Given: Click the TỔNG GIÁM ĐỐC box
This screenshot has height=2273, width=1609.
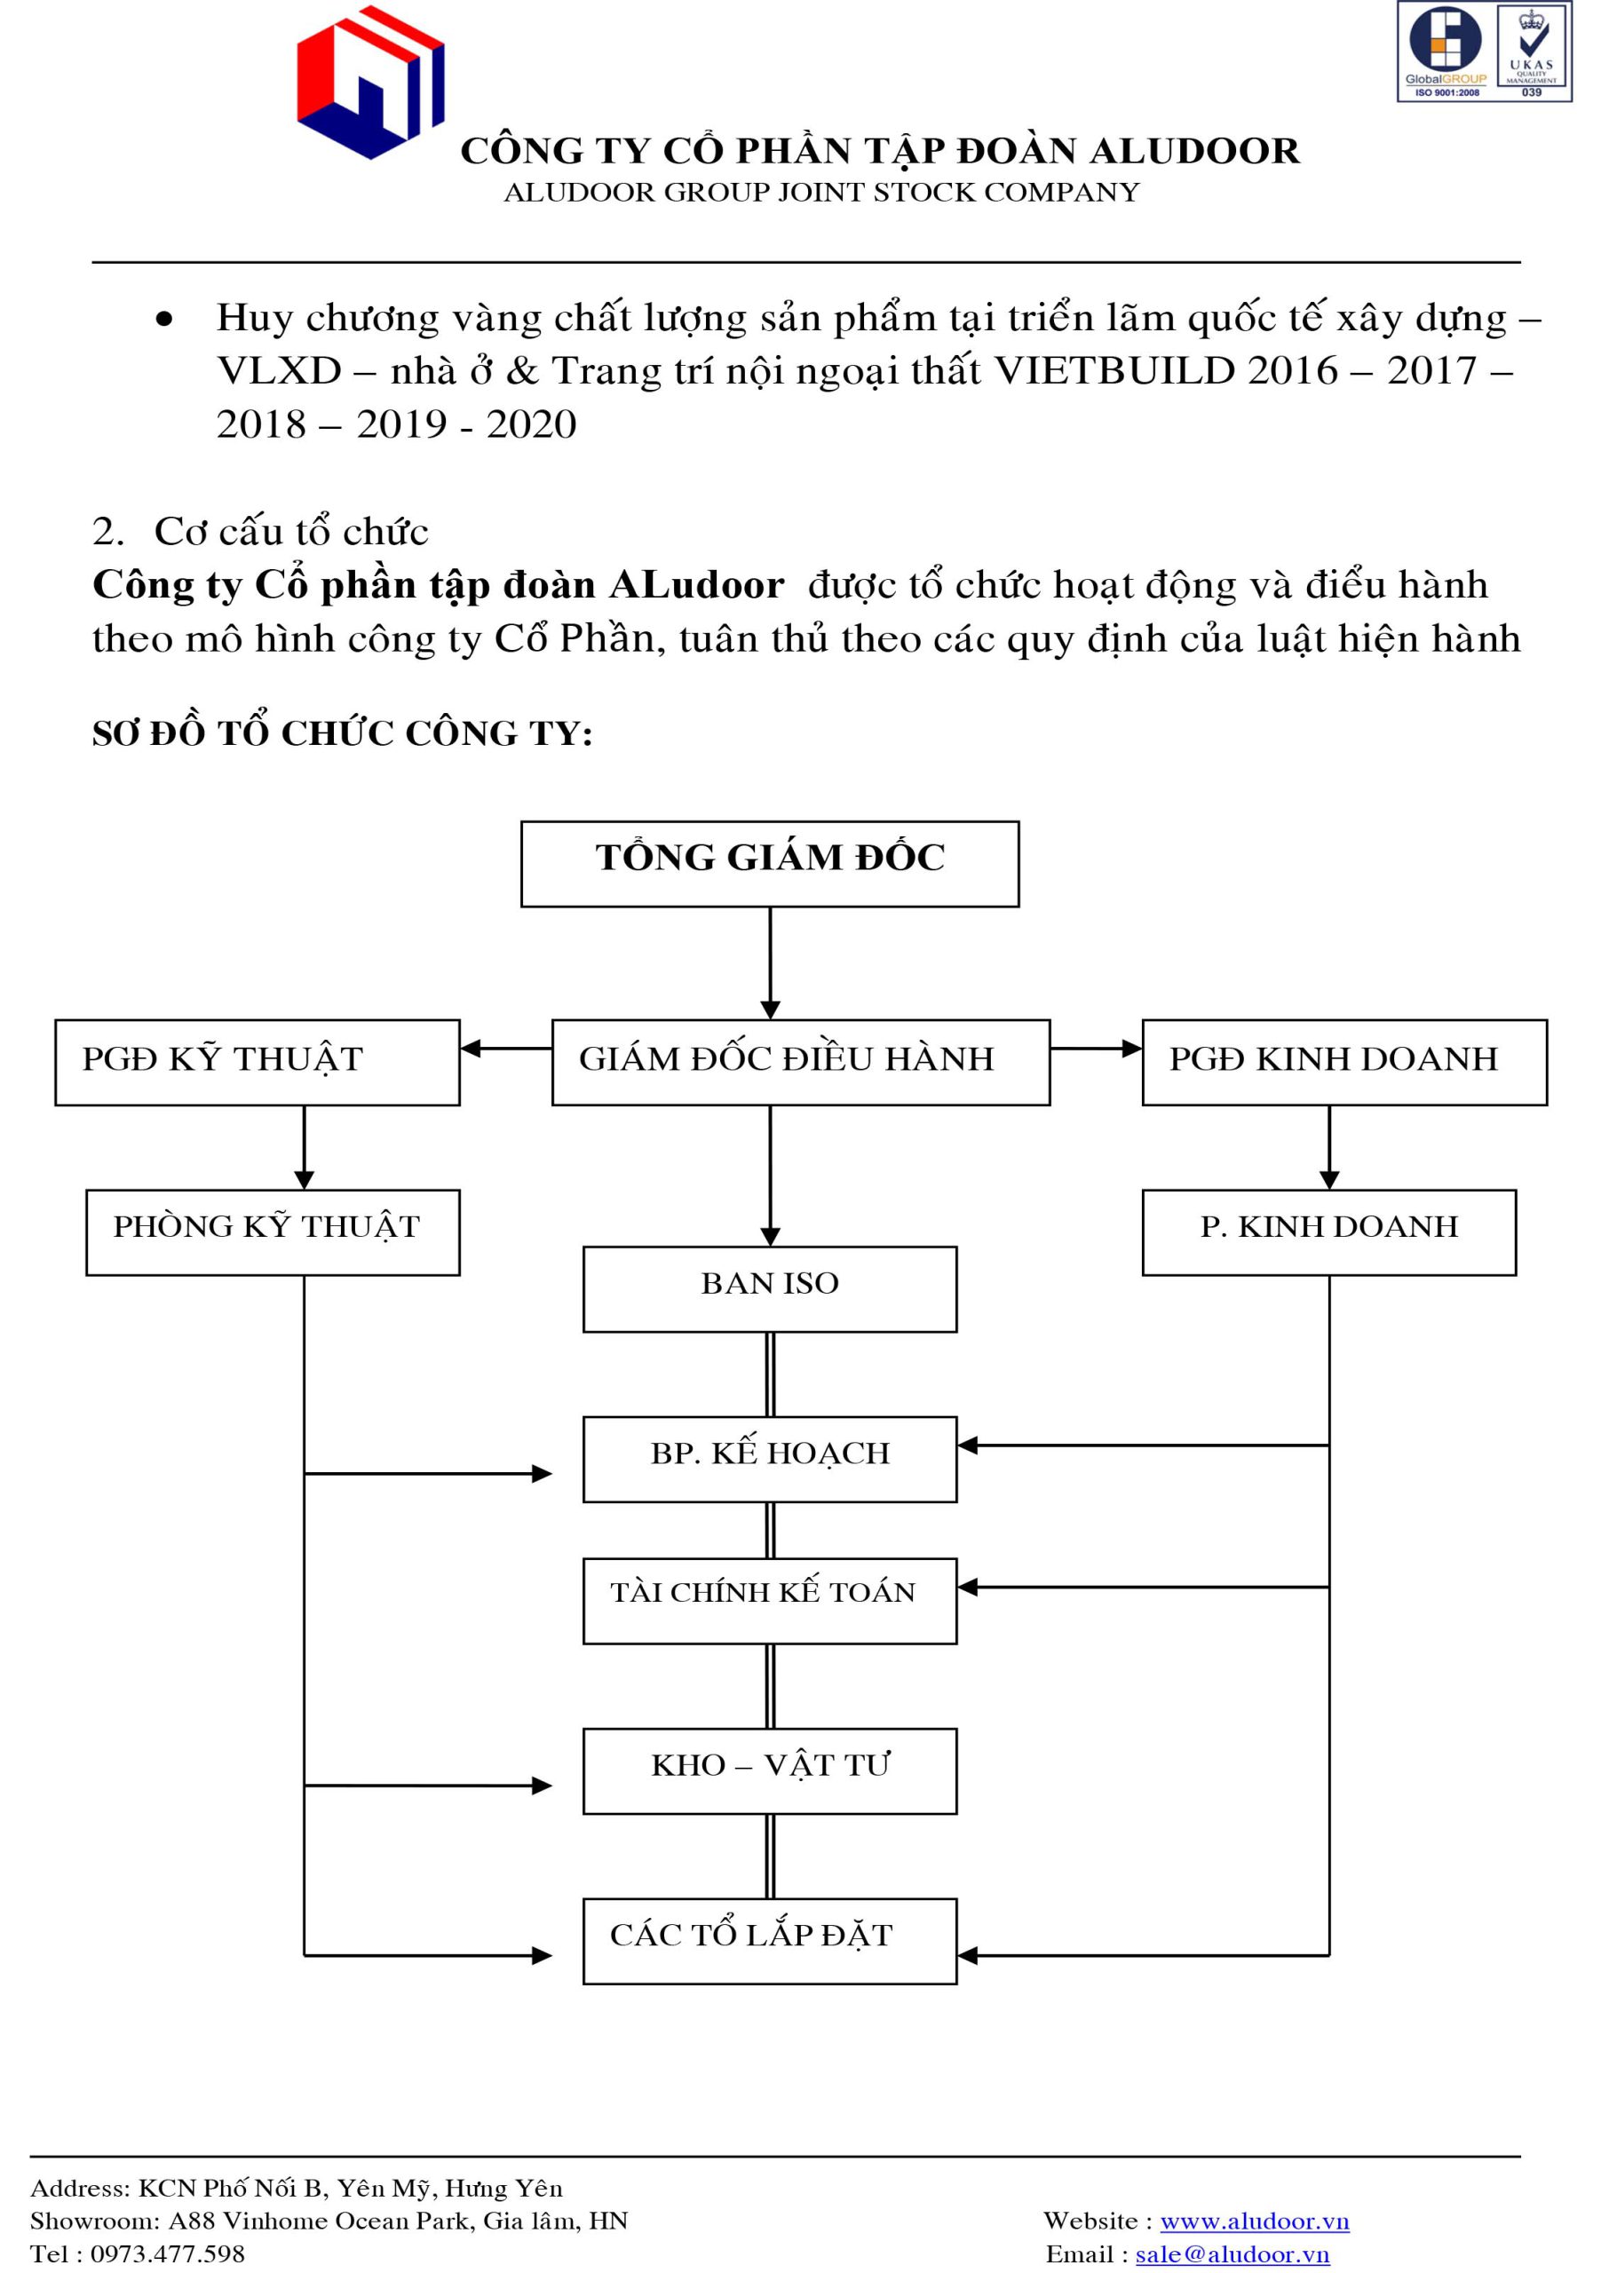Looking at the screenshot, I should tap(770, 864).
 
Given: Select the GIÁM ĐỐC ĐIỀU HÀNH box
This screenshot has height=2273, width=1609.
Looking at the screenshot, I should tap(801, 1062).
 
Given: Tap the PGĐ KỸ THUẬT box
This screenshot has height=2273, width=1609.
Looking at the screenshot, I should tap(258, 1062).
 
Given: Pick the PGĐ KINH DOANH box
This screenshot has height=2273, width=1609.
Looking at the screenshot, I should tap(1344, 1062).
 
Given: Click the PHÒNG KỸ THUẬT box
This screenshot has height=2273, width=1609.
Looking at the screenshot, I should tap(273, 1232).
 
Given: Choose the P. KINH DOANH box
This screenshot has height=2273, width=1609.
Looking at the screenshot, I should tap(1328, 1232).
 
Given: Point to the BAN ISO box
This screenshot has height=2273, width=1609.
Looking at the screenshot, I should tap(770, 1288).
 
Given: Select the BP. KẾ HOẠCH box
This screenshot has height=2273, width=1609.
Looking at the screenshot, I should tap(770, 1459).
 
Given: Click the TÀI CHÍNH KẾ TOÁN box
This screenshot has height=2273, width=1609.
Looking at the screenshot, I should tap(770, 1601).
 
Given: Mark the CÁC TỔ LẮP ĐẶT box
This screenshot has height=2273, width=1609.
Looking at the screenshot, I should tap(770, 1941).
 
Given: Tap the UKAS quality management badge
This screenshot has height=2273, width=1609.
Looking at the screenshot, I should tap(1532, 51).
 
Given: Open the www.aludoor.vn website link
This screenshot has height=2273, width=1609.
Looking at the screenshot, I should tap(1255, 2221).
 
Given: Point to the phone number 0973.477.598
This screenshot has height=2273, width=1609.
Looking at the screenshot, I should tap(168, 2254).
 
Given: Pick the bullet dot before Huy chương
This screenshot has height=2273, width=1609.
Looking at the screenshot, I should tap(164, 319).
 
